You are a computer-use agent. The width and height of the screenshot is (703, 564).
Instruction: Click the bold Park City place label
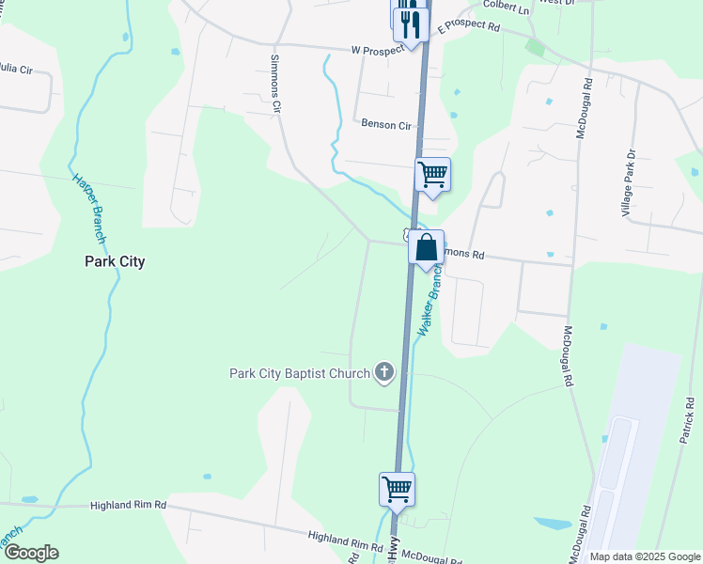pyautogui.click(x=115, y=261)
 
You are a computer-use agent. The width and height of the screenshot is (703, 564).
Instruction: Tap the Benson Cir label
pyautogui.click(x=386, y=125)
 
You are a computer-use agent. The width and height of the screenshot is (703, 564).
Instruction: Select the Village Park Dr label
pyautogui.click(x=630, y=184)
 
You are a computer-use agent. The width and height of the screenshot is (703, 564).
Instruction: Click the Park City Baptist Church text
pyautogui.click(x=300, y=373)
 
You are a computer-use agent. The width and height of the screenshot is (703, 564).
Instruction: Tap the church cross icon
pyautogui.click(x=383, y=373)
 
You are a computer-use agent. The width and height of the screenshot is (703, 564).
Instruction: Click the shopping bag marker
pyautogui.click(x=426, y=248)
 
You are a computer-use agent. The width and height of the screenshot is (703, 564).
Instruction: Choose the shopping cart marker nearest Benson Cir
pyautogui.click(x=432, y=174)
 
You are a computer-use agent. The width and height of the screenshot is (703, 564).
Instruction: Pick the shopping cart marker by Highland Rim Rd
pyautogui.click(x=397, y=488)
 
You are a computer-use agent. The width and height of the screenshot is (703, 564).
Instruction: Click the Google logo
pyautogui.click(x=30, y=553)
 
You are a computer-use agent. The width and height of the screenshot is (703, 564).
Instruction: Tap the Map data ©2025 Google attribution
pyautogui.click(x=644, y=556)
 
